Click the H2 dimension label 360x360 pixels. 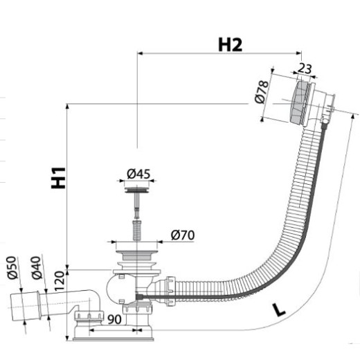coord(230,44)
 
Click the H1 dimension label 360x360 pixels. coord(58,178)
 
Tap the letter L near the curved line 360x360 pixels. coord(278,310)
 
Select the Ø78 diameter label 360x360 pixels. coord(262,92)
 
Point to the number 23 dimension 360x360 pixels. coord(305,69)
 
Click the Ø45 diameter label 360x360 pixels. coord(138,174)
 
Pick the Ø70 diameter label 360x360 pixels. coord(183,235)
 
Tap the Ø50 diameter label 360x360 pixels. coord(12,267)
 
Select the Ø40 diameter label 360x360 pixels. coord(37,267)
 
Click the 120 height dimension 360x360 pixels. coord(59,280)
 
